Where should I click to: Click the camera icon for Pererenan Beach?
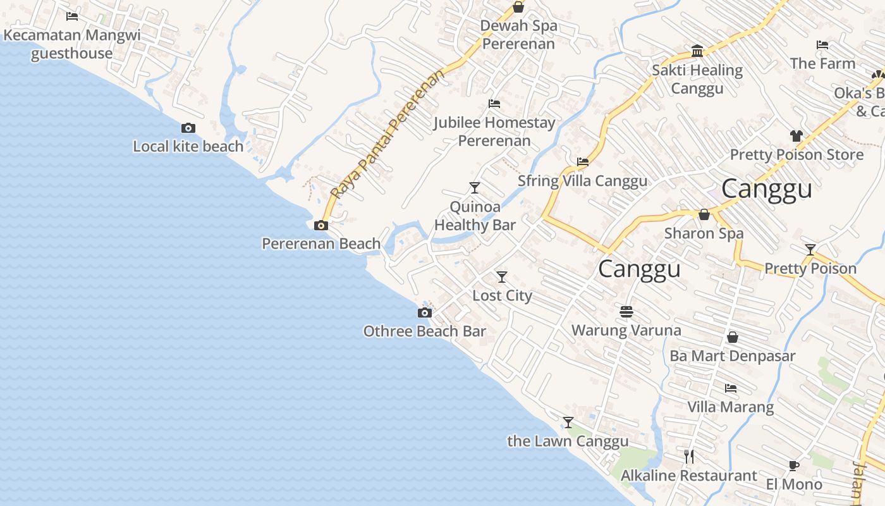321,225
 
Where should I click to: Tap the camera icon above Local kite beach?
188,128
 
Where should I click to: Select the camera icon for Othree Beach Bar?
425,312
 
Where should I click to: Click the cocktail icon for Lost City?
502,277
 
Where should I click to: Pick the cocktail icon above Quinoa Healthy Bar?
475,188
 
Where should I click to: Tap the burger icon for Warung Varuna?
626,312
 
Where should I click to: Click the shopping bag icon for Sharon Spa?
704,215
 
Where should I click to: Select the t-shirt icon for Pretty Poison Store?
796,136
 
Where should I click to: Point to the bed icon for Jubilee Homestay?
494,104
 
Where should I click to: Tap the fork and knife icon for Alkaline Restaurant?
689,456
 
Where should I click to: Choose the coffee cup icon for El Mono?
794,466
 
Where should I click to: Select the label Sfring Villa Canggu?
582,181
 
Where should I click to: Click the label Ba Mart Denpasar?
732,356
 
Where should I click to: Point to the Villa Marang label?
730,407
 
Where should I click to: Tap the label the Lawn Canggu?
568,441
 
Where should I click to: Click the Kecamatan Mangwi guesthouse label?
72,44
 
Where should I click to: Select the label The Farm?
822,63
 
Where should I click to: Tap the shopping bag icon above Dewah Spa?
518,8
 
